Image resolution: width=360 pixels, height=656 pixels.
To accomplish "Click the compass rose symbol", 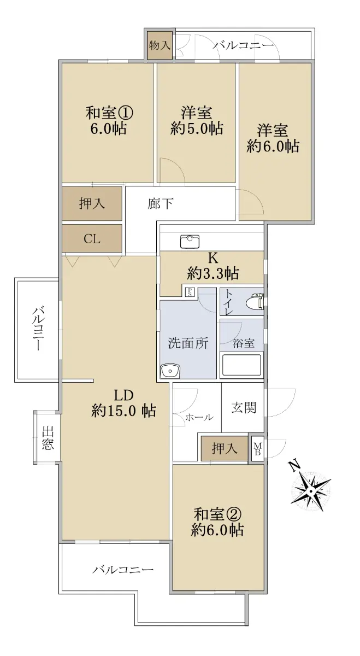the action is coord(311,490).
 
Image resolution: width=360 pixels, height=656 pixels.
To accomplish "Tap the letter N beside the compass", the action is coord(294,465).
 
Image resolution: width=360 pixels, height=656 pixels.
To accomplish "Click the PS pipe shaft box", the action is coord(190,292).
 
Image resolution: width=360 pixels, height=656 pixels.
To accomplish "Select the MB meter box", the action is coord(257,449).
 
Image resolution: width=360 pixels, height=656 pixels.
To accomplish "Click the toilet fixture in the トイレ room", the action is coord(256,301).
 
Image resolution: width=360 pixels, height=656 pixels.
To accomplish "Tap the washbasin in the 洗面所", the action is coord(170,371).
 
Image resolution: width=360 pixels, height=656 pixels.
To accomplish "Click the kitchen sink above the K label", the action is coord(190,242).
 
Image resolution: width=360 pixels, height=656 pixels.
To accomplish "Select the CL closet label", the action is coord(92,239).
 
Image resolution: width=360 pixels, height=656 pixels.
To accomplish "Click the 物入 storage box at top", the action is coord(160,45).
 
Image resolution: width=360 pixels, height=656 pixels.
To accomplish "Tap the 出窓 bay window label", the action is coord(48,438).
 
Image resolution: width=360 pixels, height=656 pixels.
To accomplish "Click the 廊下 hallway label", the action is coord(160,204).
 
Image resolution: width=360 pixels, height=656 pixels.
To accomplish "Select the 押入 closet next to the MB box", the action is coord(225,448).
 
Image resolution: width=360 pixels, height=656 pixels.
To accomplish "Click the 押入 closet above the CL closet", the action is coord(92,203).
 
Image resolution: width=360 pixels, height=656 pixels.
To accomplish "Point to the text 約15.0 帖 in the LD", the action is coord(123,411).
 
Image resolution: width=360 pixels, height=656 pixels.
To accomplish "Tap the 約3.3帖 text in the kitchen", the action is coord(213,273).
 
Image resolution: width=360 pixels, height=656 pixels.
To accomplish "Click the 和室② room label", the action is coord(217,514).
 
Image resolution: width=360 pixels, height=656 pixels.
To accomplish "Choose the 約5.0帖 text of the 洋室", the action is coord(197,128).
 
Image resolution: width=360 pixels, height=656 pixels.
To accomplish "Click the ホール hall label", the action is coord(199,417).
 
